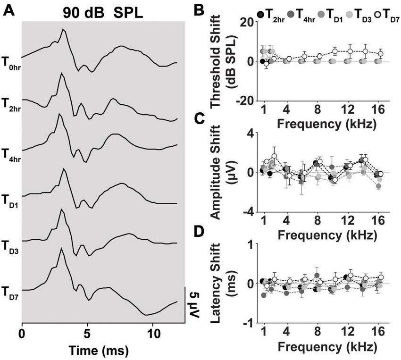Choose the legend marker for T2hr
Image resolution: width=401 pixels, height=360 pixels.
coord(260,16)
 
